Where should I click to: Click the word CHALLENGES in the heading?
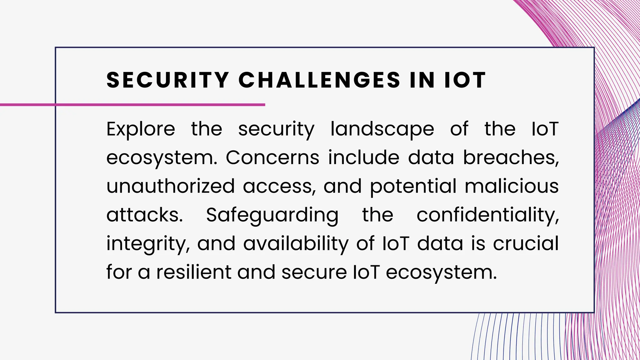tap(319, 80)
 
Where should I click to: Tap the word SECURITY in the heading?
tap(168, 80)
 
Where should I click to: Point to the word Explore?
tap(141, 129)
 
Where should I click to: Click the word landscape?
tap(382, 129)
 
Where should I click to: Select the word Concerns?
tap(272, 157)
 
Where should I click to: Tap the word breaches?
tap(511, 157)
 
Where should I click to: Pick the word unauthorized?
tap(170, 186)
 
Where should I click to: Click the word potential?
tap(413, 186)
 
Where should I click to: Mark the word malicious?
tap(512, 186)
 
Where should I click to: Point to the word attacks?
tap(144, 215)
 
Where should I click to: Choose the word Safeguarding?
tap(272, 215)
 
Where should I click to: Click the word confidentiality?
tap(487, 215)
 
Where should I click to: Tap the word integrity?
tap(147, 244)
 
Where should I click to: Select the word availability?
tap(296, 244)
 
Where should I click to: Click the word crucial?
tap(526, 244)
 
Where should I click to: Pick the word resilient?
tap(193, 272)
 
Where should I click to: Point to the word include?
tap(363, 157)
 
